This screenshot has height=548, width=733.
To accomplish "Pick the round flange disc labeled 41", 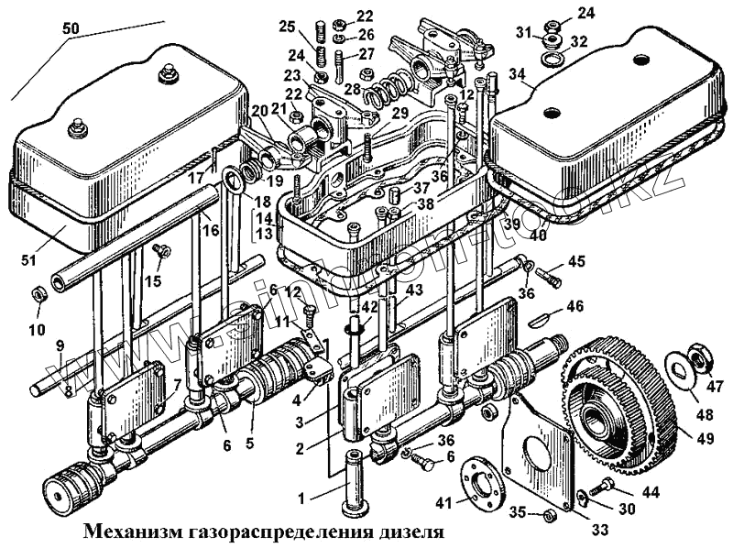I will [x=478, y=478].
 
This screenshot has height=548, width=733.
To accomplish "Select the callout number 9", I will [x=59, y=345].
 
